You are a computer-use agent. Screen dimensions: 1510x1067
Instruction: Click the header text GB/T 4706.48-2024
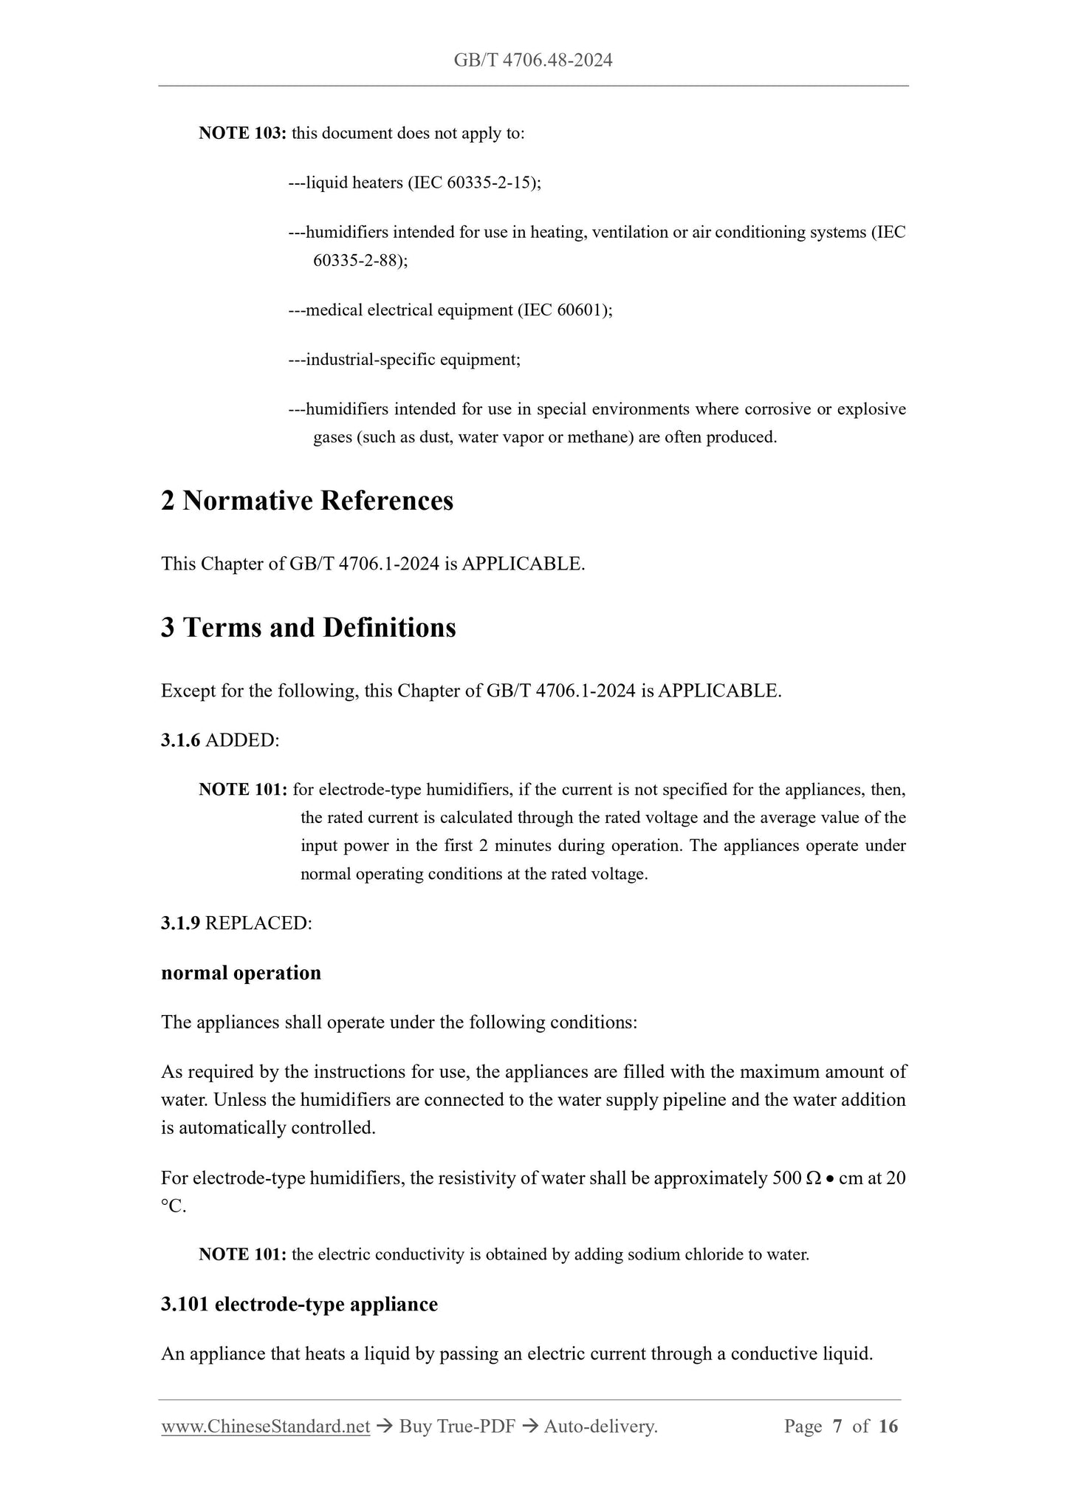(x=533, y=61)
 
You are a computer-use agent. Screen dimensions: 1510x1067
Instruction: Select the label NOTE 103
(x=242, y=134)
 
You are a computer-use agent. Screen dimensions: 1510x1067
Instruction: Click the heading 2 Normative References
(x=307, y=501)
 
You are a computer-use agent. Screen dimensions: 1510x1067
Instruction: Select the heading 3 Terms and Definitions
(x=309, y=628)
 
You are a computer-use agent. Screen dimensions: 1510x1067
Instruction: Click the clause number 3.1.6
(x=180, y=740)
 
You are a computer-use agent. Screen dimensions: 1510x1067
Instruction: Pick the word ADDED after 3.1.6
(x=242, y=740)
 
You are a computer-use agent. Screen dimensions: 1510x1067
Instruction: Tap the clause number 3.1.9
(x=180, y=923)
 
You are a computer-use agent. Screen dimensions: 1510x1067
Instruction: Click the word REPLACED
(x=258, y=923)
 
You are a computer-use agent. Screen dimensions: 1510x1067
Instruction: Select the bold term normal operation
(x=241, y=973)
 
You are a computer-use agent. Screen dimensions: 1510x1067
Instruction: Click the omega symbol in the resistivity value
(x=814, y=1178)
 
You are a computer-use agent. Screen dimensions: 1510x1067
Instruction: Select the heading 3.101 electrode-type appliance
(x=299, y=1305)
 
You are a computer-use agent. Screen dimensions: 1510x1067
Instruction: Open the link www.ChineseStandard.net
(x=265, y=1427)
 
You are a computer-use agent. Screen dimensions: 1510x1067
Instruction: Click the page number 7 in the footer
(x=837, y=1427)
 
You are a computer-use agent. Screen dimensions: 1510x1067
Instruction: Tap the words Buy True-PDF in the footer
(x=456, y=1427)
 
